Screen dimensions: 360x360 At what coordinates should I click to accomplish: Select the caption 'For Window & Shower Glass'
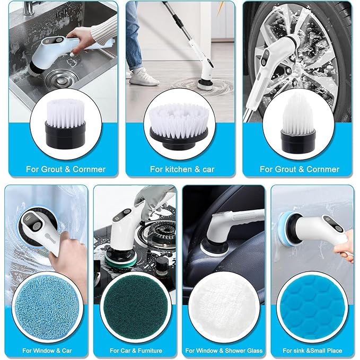(x=223, y=350)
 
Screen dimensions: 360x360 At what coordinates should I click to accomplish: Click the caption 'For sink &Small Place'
(x=312, y=350)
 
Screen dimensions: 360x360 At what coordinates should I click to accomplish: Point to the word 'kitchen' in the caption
(x=176, y=169)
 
